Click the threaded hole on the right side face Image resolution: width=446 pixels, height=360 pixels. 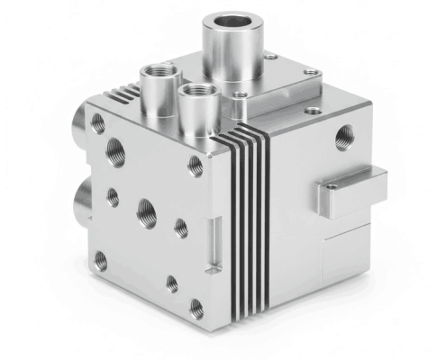point(343,136)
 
